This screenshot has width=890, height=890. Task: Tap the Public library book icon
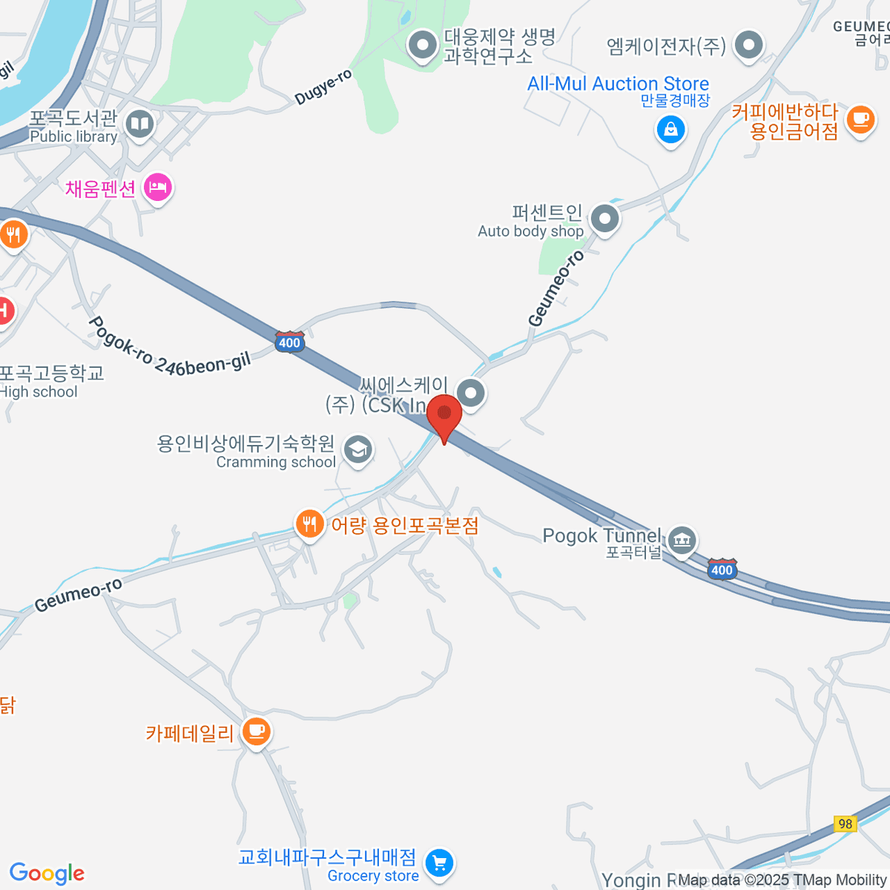point(139,124)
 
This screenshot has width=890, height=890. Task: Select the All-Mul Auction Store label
point(618,84)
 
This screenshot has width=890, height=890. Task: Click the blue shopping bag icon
point(670,130)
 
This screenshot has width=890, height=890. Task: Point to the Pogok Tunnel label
point(601,535)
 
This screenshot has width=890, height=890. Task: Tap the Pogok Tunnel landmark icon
point(681,540)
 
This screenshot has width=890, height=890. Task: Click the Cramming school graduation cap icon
point(358,450)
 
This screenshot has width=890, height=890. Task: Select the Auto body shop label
point(531,231)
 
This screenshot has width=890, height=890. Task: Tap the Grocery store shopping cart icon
point(439,863)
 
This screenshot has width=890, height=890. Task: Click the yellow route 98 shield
point(845,824)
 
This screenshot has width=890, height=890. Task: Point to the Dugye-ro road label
point(323,88)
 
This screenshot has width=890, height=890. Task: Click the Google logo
point(47,873)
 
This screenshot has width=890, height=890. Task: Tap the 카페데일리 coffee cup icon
point(256,731)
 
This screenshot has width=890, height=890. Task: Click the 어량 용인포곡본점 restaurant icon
point(309,524)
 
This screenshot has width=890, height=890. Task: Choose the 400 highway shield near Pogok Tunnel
point(722,569)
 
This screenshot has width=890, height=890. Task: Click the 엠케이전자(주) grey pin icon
point(748,44)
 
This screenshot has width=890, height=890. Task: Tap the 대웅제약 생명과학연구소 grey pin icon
point(423,44)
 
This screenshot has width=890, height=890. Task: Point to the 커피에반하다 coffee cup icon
point(860,119)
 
